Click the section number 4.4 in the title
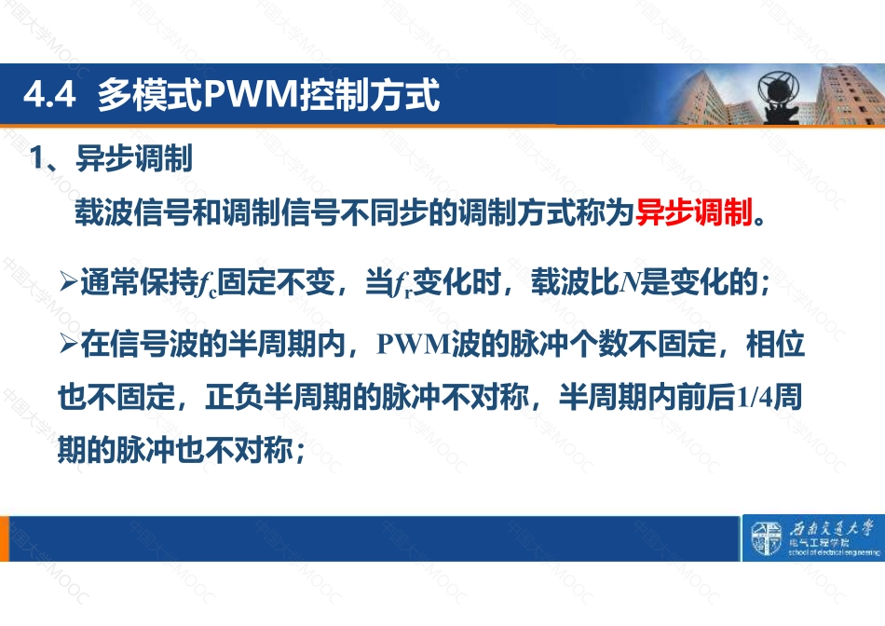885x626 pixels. (x=49, y=94)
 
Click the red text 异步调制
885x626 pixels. (x=694, y=212)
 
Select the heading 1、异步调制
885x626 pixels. (x=111, y=158)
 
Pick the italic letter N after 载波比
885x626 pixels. (x=629, y=282)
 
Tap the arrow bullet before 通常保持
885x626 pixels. (x=68, y=281)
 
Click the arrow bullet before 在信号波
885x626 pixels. (x=68, y=343)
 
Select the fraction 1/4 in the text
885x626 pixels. (x=755, y=398)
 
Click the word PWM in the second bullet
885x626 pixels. (x=414, y=344)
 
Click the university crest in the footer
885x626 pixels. (x=766, y=538)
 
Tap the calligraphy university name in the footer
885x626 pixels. (x=831, y=529)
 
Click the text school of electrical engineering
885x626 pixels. (x=834, y=552)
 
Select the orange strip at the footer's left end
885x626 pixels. (x=5, y=538)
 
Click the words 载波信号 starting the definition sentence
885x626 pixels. (x=133, y=212)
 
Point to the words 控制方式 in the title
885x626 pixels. (x=370, y=94)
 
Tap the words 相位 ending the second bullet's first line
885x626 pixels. (x=775, y=344)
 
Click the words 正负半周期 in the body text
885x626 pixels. (x=278, y=397)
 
